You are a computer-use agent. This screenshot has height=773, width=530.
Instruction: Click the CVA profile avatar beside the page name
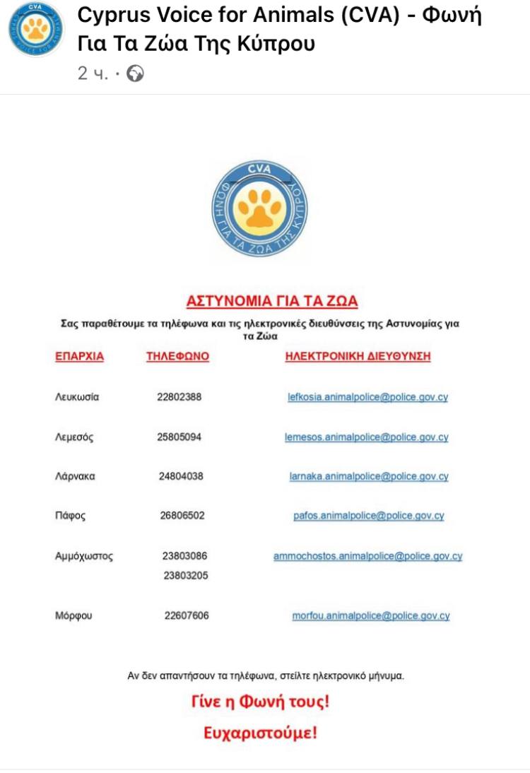point(35,30)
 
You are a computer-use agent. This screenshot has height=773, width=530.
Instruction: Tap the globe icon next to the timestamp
point(135,73)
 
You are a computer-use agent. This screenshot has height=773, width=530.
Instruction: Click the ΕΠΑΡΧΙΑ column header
point(79,357)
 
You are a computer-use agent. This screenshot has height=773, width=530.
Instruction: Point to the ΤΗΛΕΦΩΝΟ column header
point(177,357)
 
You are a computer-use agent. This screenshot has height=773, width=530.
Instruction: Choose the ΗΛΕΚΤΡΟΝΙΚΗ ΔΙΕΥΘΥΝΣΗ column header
point(358,357)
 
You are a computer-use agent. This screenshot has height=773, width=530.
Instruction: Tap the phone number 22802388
point(179,397)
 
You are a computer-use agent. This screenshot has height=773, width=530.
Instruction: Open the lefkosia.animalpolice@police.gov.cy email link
point(367,397)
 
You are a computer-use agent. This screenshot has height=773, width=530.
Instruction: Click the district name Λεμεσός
point(74,437)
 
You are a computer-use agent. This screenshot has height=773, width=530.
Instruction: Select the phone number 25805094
point(179,437)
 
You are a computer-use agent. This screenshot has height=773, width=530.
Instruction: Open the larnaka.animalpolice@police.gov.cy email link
point(368,477)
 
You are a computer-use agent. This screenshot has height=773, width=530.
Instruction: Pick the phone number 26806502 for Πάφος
point(182,517)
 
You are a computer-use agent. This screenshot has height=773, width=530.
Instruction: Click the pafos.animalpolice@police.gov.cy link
point(368,517)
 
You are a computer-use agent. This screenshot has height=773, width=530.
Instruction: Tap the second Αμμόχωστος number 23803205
point(186,576)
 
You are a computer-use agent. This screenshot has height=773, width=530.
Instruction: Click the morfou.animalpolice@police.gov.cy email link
point(370,616)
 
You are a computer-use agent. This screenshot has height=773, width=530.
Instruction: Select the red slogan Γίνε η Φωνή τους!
point(261,702)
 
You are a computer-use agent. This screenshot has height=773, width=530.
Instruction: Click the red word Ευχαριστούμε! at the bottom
point(261,733)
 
